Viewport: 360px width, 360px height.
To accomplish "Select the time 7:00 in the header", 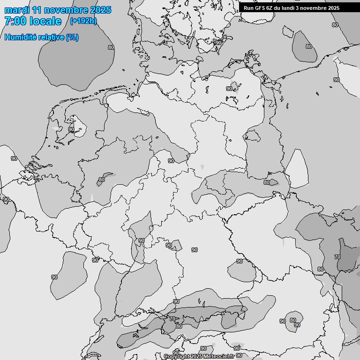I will point(14,21).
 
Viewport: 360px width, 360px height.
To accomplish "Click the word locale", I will point(45,21).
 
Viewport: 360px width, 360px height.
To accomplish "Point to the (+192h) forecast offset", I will point(83,21).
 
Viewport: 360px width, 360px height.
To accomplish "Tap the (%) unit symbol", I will point(72,37).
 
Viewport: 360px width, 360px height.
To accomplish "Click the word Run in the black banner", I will point(248,8).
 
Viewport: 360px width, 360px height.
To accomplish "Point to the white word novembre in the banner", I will point(315,8).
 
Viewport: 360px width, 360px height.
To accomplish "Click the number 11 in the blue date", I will point(37,10).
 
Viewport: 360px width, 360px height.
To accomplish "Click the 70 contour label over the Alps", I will point(172,319).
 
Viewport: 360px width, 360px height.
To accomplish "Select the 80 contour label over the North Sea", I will point(111,47).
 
